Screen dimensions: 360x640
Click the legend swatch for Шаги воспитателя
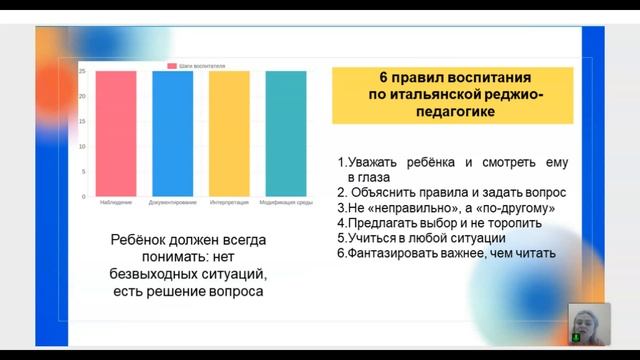pos(172,65)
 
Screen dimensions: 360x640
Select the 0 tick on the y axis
pos(84,197)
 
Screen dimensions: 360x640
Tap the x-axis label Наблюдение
pos(116,203)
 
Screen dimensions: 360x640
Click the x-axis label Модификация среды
pos(286,203)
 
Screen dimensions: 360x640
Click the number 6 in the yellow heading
pos(383,77)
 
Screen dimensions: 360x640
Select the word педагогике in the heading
pos(452,112)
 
